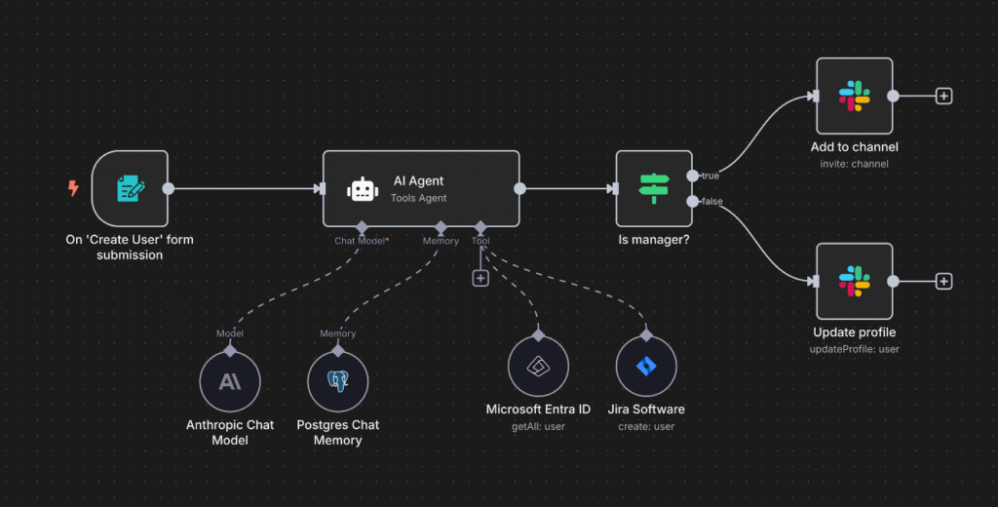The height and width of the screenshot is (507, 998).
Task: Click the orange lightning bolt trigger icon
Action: [x=73, y=188]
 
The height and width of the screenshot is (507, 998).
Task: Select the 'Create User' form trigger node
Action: [x=130, y=188]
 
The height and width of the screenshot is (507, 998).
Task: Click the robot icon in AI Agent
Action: [x=363, y=189]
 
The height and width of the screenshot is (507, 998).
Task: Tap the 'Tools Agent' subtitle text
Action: [x=420, y=199]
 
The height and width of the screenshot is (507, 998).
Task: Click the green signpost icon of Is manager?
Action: [x=653, y=188]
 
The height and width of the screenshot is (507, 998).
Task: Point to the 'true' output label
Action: [x=710, y=175]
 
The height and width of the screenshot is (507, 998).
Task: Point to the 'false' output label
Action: [x=711, y=202]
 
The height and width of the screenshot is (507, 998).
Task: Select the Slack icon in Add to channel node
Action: [x=855, y=97]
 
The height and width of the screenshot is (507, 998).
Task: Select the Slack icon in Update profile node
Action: [x=855, y=281]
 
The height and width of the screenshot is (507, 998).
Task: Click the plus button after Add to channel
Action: [x=943, y=97]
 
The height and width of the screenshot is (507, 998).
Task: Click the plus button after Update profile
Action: [x=943, y=281]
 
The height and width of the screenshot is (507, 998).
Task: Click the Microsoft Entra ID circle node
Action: [x=538, y=367]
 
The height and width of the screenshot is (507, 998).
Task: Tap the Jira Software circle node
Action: [x=646, y=367]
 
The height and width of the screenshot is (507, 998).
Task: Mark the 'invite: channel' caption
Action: [x=855, y=164]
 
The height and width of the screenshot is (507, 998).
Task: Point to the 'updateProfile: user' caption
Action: [x=855, y=349]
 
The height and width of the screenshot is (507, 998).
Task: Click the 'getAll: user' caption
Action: [x=538, y=426]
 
